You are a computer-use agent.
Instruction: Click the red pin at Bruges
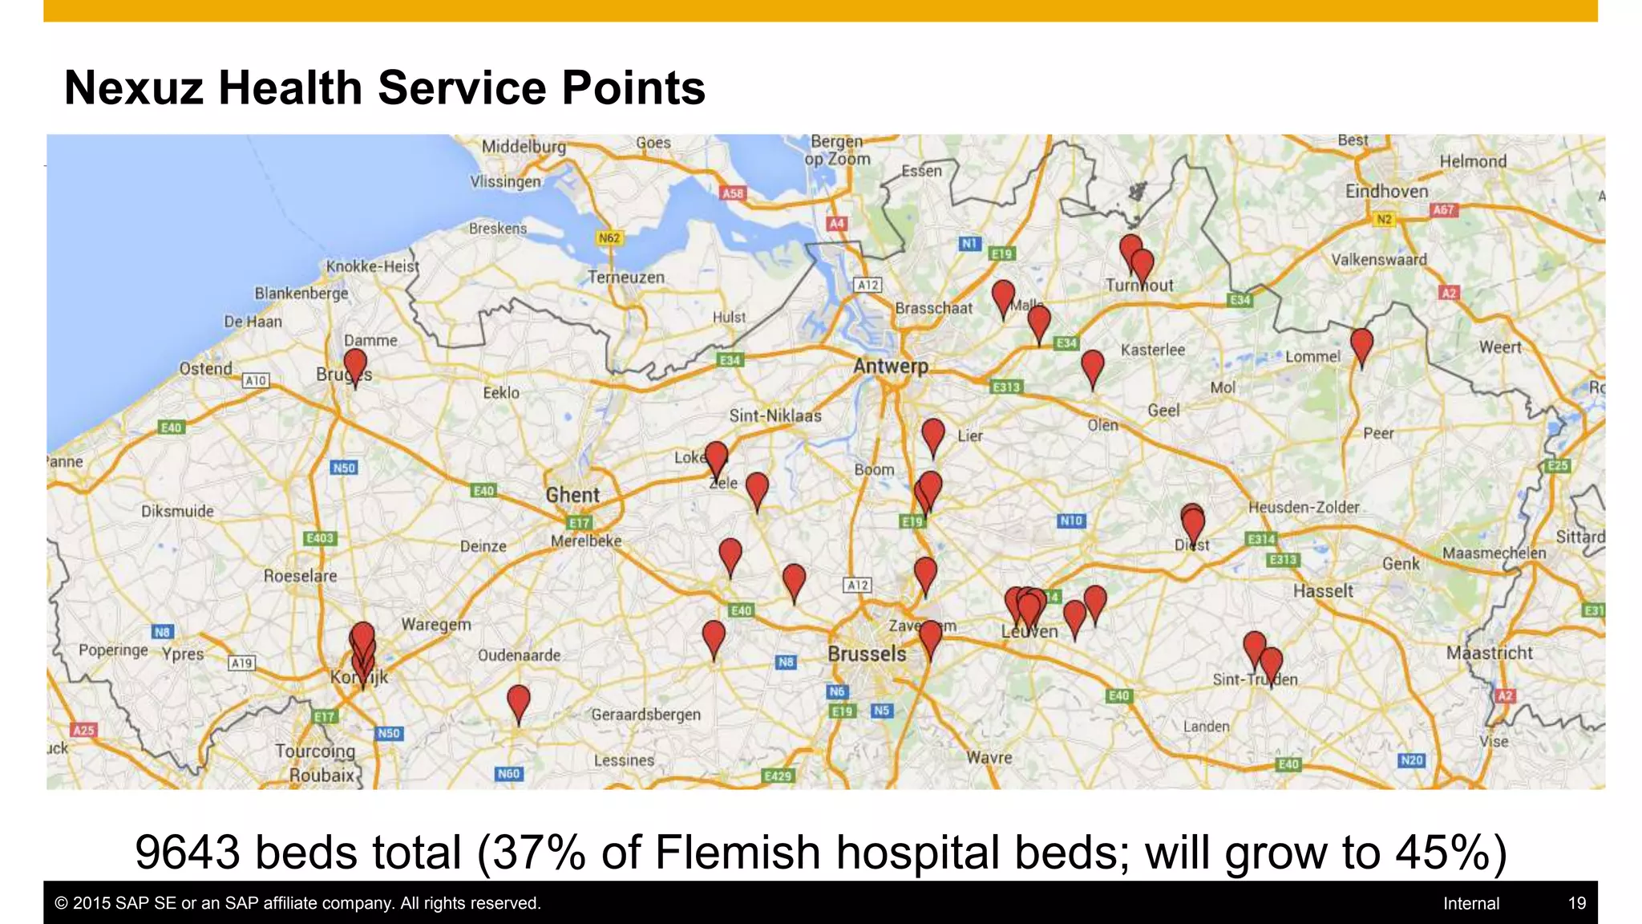355,364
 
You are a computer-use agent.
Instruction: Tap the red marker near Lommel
1361,344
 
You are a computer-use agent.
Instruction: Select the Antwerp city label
890,367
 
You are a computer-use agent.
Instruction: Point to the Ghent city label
572,495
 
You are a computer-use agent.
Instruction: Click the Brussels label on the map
867,654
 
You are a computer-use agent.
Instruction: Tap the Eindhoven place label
1386,191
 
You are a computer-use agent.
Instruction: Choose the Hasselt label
1323,591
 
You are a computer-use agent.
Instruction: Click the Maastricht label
1489,653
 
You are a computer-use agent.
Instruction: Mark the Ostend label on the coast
205,368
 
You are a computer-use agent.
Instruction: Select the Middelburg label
524,147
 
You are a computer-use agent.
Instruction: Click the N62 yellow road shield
609,237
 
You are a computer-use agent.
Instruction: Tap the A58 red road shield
733,193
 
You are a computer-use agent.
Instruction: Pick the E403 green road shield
319,538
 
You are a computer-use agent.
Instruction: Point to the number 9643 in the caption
187,852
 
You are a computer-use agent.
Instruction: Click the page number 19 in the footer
1576,903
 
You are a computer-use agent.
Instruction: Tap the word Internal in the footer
1470,903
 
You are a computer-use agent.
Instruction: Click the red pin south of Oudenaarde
519,701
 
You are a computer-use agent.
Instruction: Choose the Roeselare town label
300,576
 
